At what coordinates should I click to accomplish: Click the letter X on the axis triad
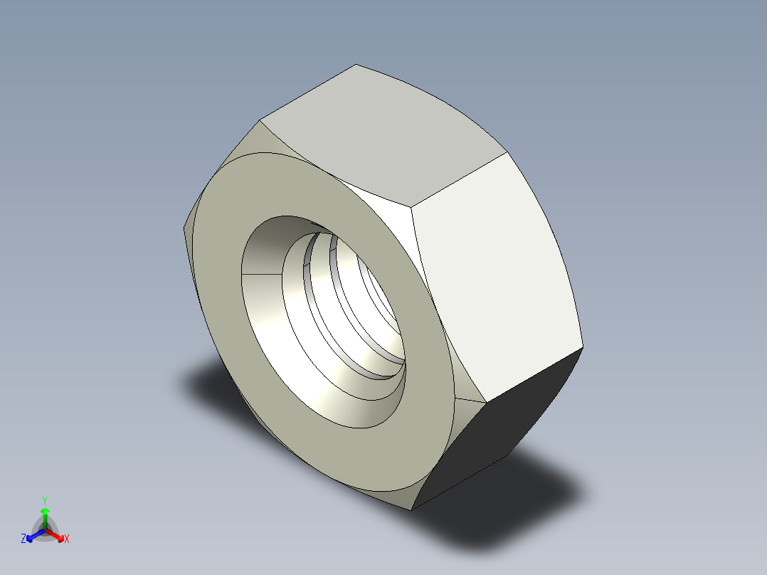(x=67, y=539)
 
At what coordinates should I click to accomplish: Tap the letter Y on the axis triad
(x=44, y=500)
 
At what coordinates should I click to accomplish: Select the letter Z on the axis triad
(x=23, y=539)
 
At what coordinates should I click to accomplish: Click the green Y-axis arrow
(x=45, y=514)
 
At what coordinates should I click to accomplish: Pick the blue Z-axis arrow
(x=33, y=535)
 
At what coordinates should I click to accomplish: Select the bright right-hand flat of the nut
(x=498, y=278)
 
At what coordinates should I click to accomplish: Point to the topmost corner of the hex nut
(x=356, y=65)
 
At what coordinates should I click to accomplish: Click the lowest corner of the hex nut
(x=411, y=510)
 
